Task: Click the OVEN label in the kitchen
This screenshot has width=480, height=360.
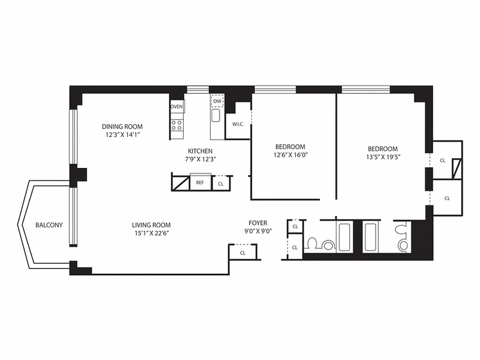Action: (176, 107)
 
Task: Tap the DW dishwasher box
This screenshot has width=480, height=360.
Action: (217, 101)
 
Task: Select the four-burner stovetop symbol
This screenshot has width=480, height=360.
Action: (176, 125)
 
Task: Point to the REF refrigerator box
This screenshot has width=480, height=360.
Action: (200, 183)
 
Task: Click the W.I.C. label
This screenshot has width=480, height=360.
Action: (238, 124)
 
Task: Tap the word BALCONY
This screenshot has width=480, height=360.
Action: (49, 225)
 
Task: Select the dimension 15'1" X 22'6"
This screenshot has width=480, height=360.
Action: (151, 233)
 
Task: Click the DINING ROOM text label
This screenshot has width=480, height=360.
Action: (122, 126)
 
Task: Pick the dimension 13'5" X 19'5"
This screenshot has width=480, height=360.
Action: (382, 157)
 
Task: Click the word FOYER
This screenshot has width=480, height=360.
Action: (258, 223)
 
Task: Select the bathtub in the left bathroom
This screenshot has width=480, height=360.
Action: (344, 237)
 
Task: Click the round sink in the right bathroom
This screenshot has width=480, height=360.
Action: (403, 245)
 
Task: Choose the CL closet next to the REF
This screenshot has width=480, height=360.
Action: (221, 184)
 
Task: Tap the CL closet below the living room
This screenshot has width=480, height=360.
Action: (242, 253)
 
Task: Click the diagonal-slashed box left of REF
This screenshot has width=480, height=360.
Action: (181, 183)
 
